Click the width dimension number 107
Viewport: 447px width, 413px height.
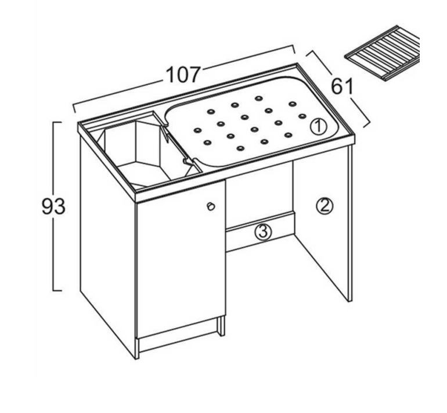(183, 75)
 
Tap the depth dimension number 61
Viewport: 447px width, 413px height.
(342, 86)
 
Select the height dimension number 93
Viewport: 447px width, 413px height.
(53, 206)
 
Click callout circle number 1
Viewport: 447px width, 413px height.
(318, 127)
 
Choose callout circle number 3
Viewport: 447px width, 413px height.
(263, 232)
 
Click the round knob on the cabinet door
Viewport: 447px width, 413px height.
(211, 206)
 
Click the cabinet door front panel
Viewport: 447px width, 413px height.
(181, 258)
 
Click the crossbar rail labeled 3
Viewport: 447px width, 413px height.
(260, 232)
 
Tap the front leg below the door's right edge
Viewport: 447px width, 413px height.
(222, 326)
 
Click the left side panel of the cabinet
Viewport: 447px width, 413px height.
(107, 245)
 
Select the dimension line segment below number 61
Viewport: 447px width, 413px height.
(360, 112)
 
